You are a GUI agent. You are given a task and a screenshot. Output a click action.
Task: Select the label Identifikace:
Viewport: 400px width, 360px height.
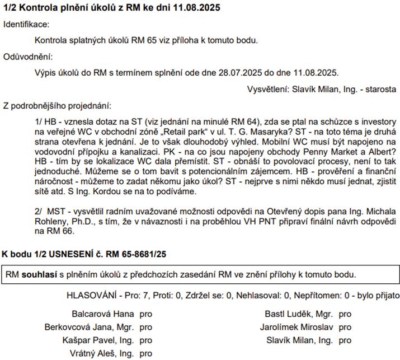[x=26, y=25]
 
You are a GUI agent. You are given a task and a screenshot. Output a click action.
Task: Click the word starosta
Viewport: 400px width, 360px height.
[x=378, y=89]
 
